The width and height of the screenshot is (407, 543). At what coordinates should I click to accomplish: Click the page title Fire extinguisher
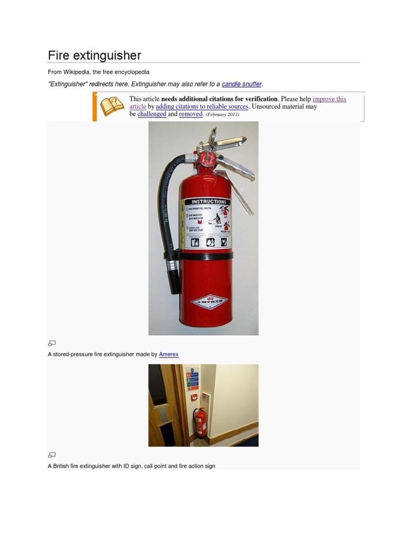(x=94, y=56)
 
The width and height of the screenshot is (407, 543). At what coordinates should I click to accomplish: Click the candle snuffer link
(x=242, y=84)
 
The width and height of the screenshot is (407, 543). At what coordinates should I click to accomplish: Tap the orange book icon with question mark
(x=112, y=106)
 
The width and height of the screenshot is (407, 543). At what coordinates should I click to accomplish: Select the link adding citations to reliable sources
(x=202, y=107)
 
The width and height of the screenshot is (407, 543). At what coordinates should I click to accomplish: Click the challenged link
(x=152, y=114)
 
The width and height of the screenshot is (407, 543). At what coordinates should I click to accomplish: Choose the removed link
(x=191, y=114)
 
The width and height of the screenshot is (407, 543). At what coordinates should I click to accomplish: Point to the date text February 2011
(x=222, y=115)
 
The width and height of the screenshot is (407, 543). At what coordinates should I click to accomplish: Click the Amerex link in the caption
(x=169, y=354)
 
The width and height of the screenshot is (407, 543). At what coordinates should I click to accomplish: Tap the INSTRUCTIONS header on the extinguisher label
(x=208, y=202)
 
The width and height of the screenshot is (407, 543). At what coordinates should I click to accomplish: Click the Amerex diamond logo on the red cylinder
(x=208, y=302)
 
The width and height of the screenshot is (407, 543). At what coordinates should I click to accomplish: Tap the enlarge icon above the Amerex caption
(x=52, y=343)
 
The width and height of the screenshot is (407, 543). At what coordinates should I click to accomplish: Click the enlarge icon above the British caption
(x=52, y=454)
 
